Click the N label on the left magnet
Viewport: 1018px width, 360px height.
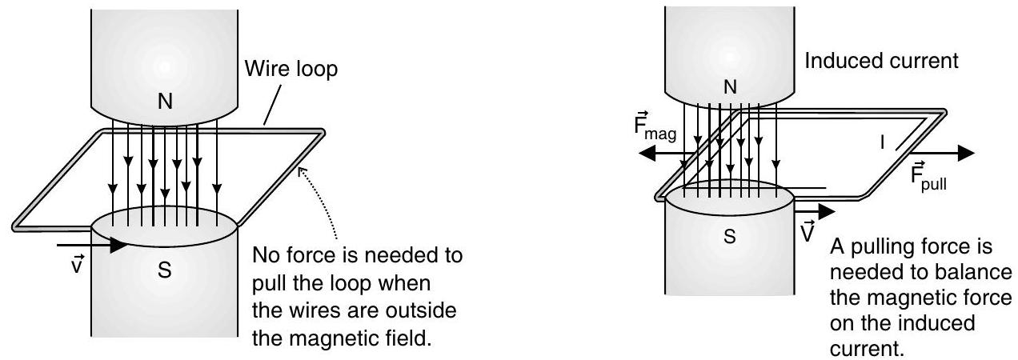[164, 101]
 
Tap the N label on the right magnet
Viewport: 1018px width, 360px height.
[729, 88]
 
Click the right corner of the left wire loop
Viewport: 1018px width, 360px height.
[323, 133]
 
